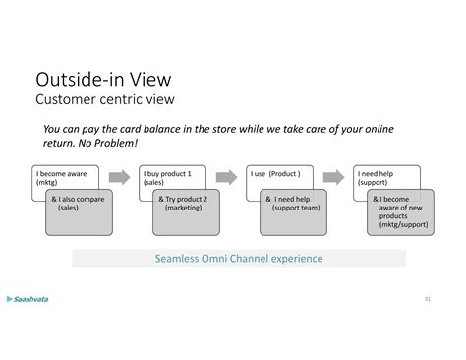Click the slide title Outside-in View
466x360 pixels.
[105, 79]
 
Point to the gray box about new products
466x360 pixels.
[400, 211]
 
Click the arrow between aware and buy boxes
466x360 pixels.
[121, 177]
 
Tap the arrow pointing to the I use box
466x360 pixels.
[227, 177]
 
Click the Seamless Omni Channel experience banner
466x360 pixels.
[239, 259]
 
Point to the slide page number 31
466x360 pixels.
[427, 299]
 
